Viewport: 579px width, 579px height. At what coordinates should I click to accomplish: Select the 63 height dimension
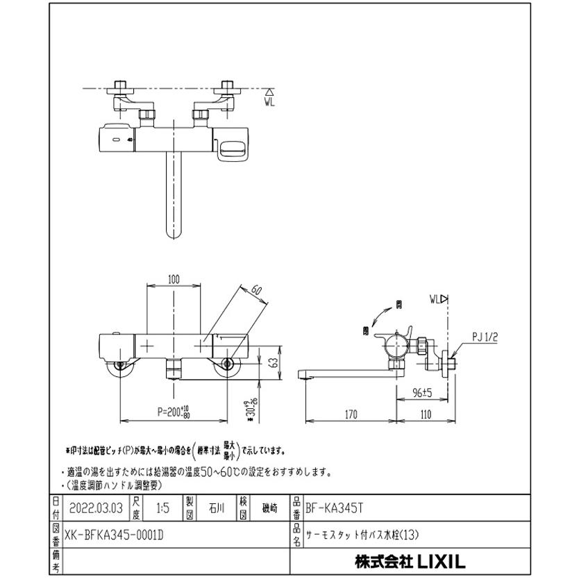(273, 361)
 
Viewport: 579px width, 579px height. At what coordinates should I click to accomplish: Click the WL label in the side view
(437, 300)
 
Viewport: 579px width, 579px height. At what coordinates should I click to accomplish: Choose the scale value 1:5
(161, 508)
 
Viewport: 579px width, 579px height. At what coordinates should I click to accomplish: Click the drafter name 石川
(216, 508)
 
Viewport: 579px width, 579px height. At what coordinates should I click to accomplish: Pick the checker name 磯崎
(268, 508)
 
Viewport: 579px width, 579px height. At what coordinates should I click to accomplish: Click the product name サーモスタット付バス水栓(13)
(364, 534)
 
